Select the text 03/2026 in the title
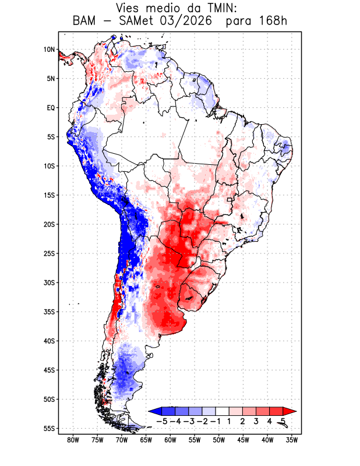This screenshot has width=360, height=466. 186,21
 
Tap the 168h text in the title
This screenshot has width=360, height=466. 273,21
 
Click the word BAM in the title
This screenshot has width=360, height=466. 84,21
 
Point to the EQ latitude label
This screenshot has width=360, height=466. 51,108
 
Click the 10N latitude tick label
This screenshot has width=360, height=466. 49,50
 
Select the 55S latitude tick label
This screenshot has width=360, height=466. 49,429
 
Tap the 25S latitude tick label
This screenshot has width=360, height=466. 49,253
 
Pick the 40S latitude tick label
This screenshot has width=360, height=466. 49,341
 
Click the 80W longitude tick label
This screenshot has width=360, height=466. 73,440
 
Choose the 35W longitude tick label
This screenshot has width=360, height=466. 292,440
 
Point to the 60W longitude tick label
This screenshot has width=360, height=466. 170,440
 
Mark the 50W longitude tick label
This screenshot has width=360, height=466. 219,440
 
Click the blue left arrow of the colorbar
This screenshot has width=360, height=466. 156,411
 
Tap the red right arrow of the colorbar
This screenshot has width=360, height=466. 290,411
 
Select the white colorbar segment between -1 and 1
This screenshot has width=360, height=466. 223,411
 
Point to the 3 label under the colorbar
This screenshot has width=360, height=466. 256,422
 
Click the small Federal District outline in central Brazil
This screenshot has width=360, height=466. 230,200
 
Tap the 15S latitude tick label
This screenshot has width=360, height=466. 49,195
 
